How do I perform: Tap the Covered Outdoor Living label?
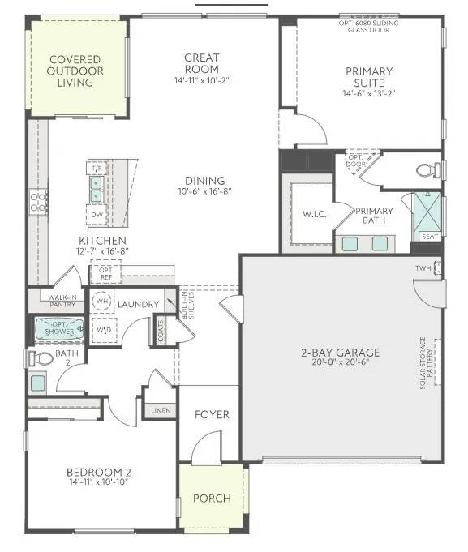point(75,71)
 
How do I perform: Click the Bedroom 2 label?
point(99,473)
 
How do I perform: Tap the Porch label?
point(212,498)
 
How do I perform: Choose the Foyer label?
point(212,414)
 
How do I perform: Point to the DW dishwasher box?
point(96,215)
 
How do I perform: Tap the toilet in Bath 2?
point(41,357)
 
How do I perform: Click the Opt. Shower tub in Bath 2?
point(59,330)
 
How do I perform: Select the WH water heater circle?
point(102,301)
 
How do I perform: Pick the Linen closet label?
point(161,410)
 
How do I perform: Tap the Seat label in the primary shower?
point(428,237)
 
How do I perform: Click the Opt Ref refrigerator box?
point(105,272)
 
